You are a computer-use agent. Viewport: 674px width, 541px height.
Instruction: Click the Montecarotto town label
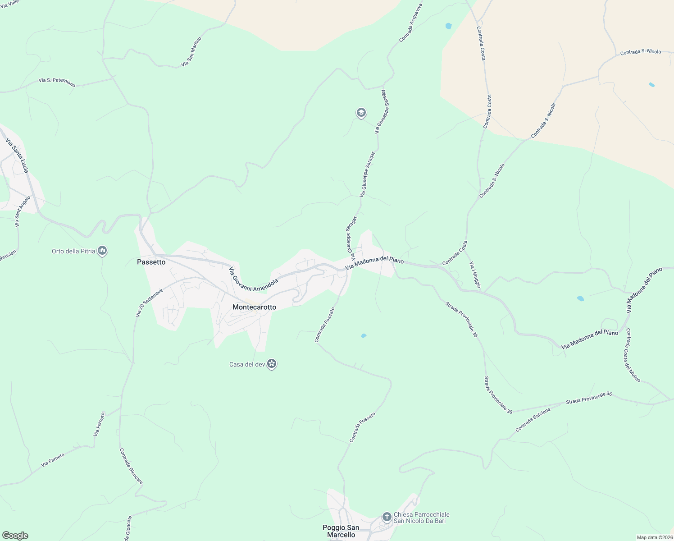tap(254, 307)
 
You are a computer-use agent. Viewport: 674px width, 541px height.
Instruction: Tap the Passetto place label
tap(151, 262)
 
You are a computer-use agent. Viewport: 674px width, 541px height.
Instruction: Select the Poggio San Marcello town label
tap(341, 531)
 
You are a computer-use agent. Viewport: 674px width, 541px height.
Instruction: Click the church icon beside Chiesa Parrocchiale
tap(387, 517)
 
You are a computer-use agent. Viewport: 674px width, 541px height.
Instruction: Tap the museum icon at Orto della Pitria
tap(102, 251)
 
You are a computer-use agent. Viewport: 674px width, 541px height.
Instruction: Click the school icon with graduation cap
tap(361, 113)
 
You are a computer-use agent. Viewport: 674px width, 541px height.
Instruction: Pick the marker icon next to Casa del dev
tap(272, 364)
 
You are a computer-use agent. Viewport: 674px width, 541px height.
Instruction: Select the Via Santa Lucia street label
tap(17, 156)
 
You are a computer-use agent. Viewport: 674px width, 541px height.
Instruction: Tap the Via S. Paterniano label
tap(57, 82)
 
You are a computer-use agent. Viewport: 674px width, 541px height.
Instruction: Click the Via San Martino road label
tap(191, 52)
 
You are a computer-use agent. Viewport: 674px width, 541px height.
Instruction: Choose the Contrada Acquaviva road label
tap(410, 23)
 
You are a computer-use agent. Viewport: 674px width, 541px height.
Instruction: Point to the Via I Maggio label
tap(475, 275)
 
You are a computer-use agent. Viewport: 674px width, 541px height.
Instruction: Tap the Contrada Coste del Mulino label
tap(633, 355)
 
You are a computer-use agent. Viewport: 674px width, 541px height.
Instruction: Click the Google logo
tap(15, 536)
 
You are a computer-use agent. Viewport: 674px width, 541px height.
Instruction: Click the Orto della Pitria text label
tap(73, 251)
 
